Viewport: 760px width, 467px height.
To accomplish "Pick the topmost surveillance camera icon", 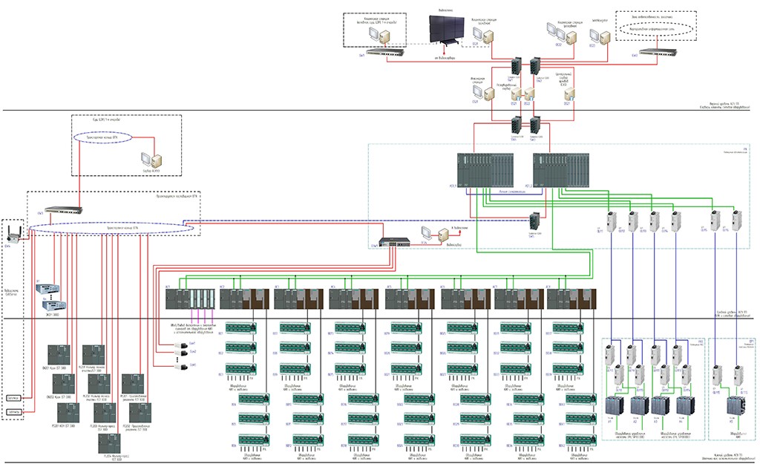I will [x=180, y=345].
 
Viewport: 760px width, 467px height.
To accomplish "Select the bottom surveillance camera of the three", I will [x=180, y=365].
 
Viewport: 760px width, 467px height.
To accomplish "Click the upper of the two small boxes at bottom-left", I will [x=13, y=397].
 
